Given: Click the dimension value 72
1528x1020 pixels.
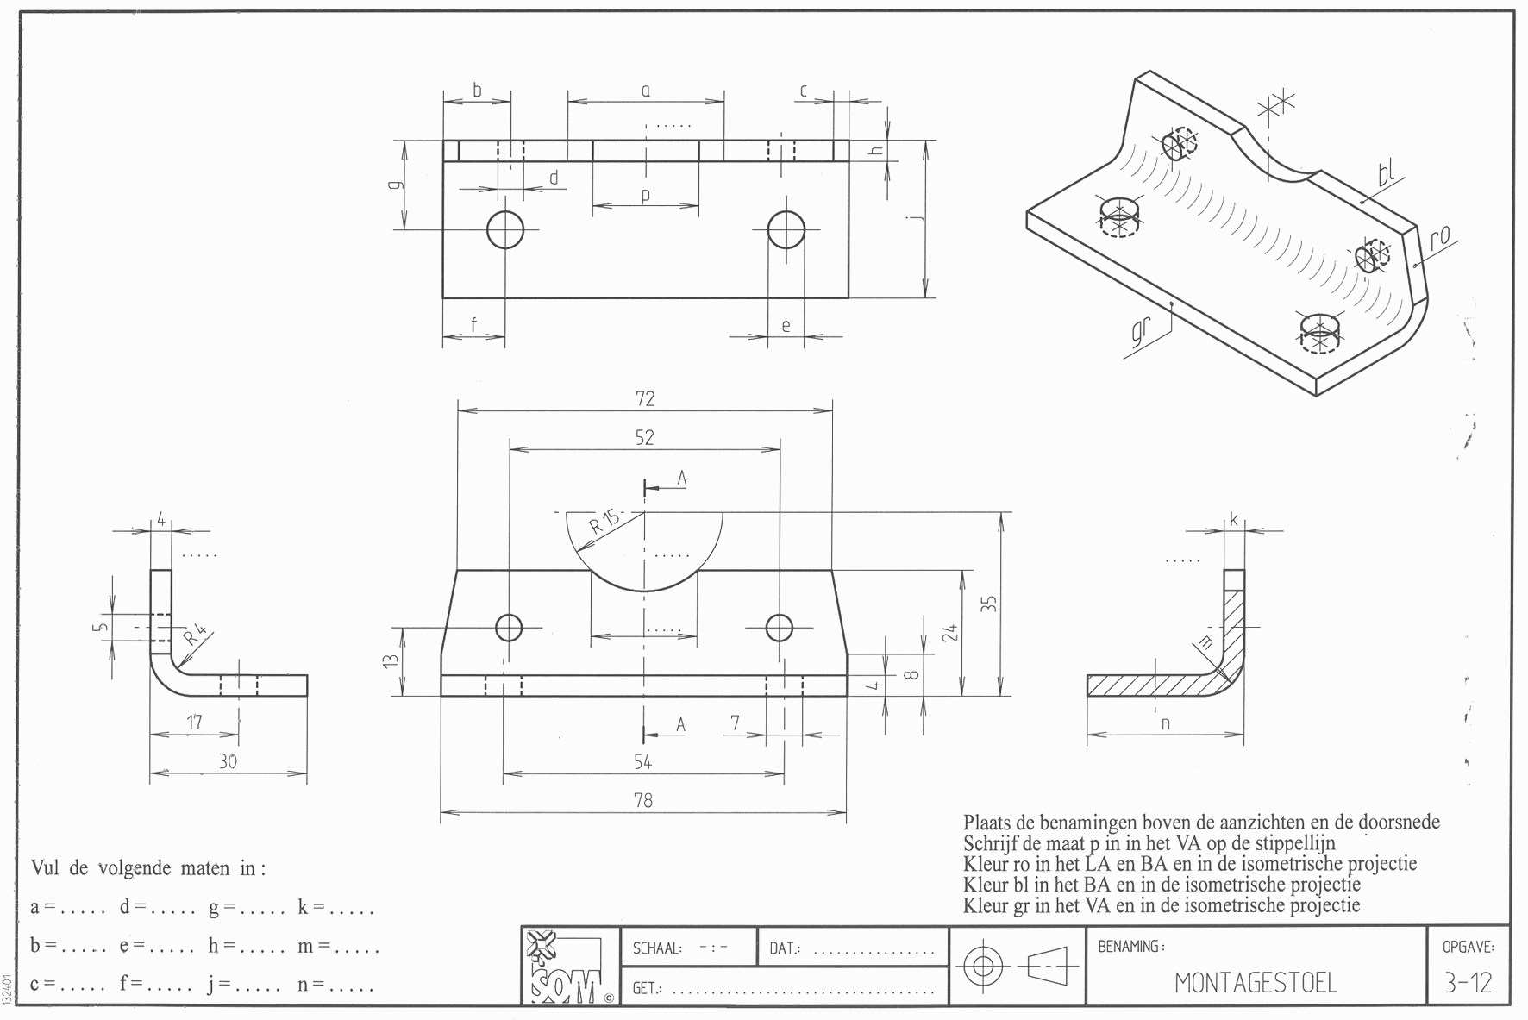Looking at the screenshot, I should (645, 398).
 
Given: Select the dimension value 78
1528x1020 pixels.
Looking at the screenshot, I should (643, 800).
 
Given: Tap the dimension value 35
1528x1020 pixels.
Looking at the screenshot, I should (991, 604).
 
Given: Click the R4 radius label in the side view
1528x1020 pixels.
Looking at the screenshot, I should (195, 636).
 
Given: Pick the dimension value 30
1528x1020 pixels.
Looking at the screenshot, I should (228, 761).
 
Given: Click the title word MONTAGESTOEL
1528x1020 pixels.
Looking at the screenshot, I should (1256, 983).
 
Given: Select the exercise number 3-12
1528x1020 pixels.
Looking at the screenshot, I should (1468, 983).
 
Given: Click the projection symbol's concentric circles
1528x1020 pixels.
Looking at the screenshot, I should (981, 967).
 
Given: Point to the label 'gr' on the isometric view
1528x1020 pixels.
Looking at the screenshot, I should (1140, 335).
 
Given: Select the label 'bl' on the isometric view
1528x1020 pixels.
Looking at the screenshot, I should (1386, 175).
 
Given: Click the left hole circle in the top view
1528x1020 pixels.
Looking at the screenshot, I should (505, 229).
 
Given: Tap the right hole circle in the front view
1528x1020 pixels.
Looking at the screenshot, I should (780, 628).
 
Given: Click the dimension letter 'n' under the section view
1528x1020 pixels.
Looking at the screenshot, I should (1166, 723).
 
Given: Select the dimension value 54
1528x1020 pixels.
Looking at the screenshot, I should (643, 761).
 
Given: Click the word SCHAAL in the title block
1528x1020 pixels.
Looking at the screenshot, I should (657, 948).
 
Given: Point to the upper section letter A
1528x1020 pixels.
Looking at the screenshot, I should (681, 478).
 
